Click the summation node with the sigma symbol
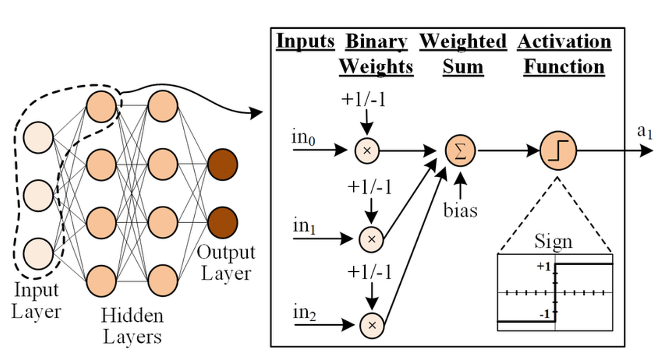click(x=460, y=151)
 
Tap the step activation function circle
click(x=558, y=151)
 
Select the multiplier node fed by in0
click(x=368, y=151)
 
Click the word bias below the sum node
click(x=460, y=211)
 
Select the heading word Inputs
click(x=306, y=41)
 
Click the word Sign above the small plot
click(x=553, y=241)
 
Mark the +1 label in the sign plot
click(x=543, y=267)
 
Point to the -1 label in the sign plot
click(x=545, y=313)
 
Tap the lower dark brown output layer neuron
click(x=223, y=221)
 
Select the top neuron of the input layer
click(x=39, y=137)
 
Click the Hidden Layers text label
click(x=132, y=326)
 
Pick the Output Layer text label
click(x=226, y=263)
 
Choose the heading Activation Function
click(x=564, y=54)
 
